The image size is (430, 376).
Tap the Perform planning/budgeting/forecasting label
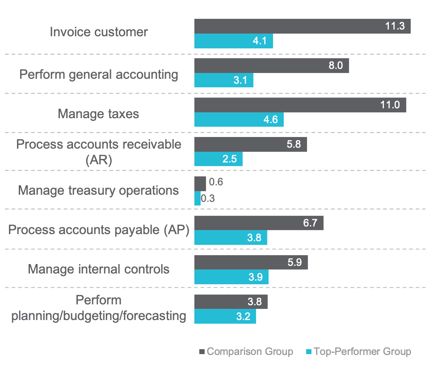[99, 309]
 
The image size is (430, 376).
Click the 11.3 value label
[395, 26]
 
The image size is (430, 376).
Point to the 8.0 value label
[335, 65]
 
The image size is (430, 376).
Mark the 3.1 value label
[240, 81]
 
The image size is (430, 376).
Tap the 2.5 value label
[229, 158]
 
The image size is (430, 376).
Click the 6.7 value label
[310, 222]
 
